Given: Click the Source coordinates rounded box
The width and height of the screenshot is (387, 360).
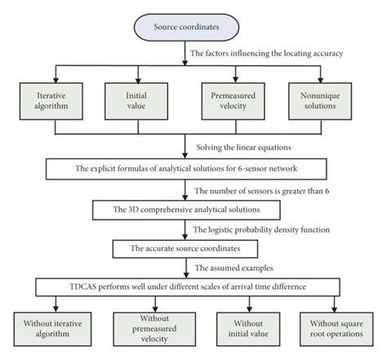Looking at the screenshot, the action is (x=186, y=27).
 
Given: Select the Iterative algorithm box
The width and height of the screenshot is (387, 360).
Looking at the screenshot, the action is (x=51, y=101).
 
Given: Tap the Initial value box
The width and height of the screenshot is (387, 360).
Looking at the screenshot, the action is (x=136, y=101).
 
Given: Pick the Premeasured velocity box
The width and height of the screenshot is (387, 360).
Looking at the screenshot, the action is (x=233, y=101).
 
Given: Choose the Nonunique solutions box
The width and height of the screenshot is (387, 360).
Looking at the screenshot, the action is (x=320, y=101).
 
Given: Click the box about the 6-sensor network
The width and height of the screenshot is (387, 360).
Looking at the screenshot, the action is (x=186, y=169).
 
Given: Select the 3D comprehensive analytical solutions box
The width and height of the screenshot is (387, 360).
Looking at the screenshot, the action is (x=186, y=210).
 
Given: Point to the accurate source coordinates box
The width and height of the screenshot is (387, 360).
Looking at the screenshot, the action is (x=185, y=249).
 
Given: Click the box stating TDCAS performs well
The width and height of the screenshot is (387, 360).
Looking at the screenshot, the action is (x=188, y=287).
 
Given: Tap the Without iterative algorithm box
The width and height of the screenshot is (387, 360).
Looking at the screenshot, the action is (x=52, y=329).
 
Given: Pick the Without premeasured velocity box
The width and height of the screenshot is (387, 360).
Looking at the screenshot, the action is (x=154, y=329).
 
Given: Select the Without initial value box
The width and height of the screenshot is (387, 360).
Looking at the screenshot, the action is (x=248, y=329).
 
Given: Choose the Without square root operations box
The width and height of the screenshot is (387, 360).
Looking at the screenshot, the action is (x=336, y=329).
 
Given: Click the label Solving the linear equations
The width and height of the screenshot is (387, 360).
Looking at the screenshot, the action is (x=244, y=148).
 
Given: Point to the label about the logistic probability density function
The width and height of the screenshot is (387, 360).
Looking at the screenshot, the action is (x=261, y=230).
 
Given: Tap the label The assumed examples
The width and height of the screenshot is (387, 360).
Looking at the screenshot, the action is (x=234, y=268).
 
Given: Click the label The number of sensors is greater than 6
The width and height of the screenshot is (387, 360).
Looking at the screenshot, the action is (x=262, y=191).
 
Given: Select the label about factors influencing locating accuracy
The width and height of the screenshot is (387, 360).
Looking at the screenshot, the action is (x=266, y=53).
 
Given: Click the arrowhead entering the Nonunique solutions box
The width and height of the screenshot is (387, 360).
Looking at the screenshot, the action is (x=320, y=80).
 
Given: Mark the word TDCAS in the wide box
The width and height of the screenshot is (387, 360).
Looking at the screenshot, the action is (x=83, y=287).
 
